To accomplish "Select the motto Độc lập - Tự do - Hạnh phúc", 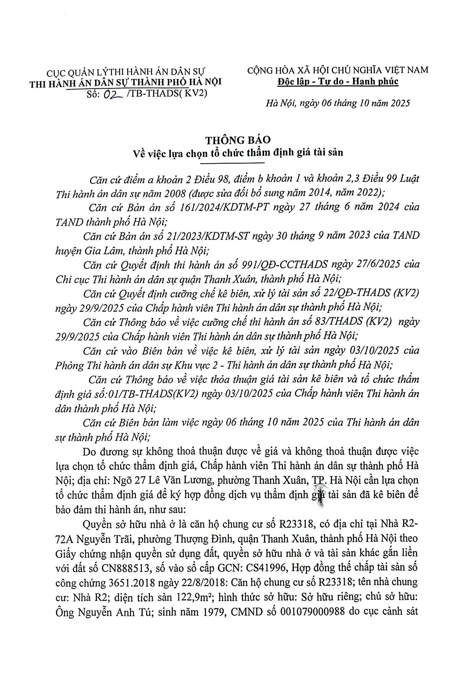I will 338,82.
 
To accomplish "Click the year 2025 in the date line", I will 398,103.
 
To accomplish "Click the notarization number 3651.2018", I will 129,590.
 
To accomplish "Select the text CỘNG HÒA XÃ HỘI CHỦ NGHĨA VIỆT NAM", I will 338,70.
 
